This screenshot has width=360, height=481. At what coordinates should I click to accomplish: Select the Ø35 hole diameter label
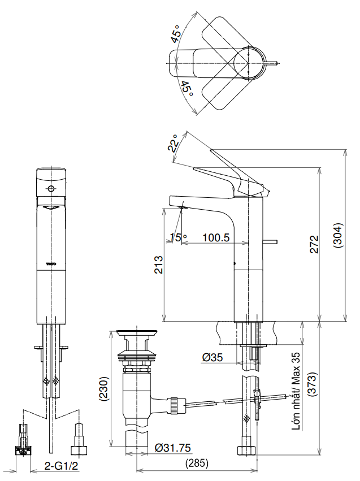[212, 357]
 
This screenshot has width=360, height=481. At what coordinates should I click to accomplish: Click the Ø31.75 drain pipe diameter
[173, 448]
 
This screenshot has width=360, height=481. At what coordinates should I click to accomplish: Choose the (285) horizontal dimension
[197, 463]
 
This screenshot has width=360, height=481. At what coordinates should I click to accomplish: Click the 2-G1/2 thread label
[61, 467]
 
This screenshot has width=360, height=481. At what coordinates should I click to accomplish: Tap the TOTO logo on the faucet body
[51, 264]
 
